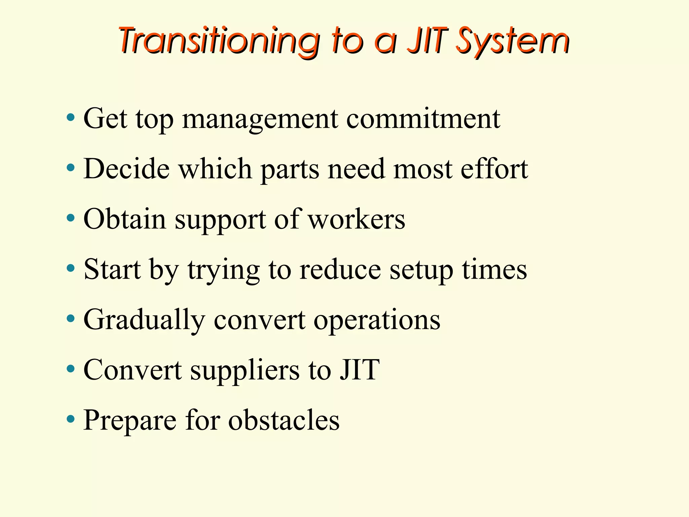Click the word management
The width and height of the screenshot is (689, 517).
coord(260,119)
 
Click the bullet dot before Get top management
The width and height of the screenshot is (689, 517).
coord(71,118)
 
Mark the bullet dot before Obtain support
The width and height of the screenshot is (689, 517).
coord(71,218)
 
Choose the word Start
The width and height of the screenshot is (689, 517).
coord(112,269)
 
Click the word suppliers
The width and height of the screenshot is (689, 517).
coord(245,371)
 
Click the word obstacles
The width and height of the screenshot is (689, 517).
coord(284,420)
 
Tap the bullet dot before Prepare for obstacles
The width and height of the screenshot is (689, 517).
coord(71,419)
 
